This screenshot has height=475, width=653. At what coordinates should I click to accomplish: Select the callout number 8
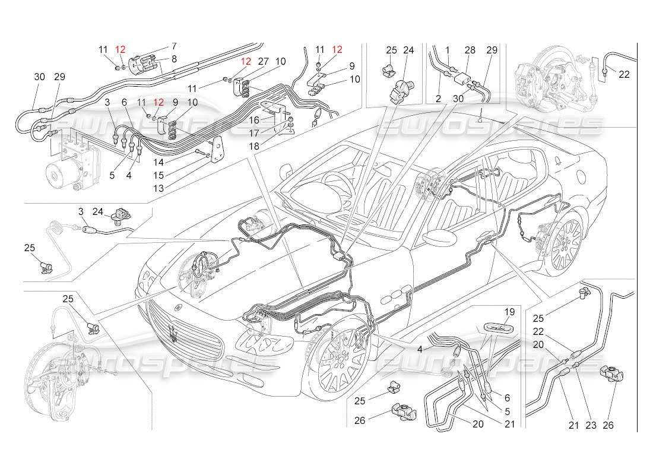(174, 58)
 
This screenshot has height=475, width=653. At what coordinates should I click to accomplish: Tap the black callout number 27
(264, 61)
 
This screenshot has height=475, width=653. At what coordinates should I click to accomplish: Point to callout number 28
(470, 50)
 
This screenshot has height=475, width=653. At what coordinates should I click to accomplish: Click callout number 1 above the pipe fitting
(447, 50)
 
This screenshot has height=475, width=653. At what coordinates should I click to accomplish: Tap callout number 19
(509, 311)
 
